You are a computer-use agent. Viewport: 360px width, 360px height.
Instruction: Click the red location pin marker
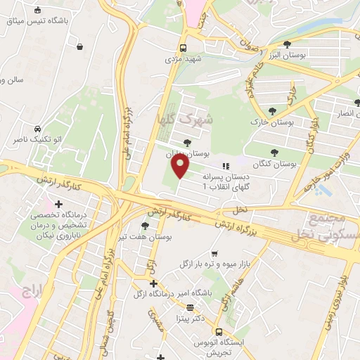181,167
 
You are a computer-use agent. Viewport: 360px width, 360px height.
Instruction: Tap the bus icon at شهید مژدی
183,48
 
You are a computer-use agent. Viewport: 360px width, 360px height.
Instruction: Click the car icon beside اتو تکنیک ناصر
37,129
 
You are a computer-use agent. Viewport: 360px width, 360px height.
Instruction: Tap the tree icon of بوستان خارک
272,110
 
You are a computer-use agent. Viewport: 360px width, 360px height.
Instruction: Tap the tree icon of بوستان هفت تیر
144,226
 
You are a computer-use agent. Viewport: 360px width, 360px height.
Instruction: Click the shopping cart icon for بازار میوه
214,253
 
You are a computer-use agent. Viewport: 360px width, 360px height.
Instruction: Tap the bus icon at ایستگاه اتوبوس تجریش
219,332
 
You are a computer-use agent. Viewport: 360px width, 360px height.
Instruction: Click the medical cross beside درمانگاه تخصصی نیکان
58,204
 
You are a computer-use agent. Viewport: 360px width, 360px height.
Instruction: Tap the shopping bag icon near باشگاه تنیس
80,47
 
